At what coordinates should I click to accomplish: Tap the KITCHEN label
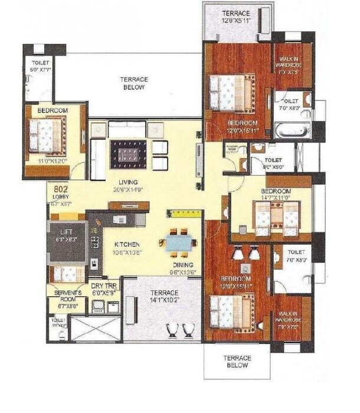tap(127, 244)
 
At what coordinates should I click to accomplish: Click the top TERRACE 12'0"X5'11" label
tap(235, 14)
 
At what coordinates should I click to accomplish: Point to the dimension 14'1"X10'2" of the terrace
tap(163, 300)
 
